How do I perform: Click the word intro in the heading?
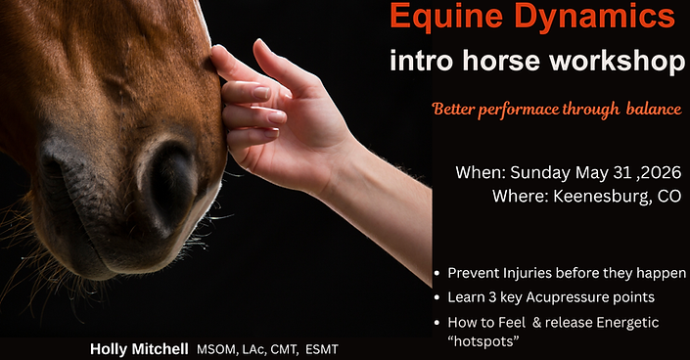[420, 61]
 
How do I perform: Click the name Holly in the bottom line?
[111, 348]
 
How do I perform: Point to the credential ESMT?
[319, 348]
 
